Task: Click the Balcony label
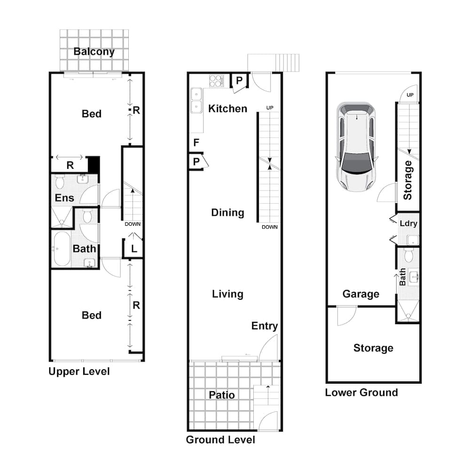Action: click(94, 52)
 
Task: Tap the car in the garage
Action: click(356, 146)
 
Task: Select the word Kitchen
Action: click(227, 109)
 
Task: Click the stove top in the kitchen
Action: click(216, 81)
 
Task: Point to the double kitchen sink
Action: click(196, 101)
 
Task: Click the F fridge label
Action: click(196, 143)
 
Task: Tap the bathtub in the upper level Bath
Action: click(61, 250)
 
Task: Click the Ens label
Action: click(64, 198)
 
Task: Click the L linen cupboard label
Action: click(134, 249)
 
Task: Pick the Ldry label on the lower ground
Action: click(408, 224)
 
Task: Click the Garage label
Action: click(360, 294)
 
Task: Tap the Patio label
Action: click(222, 395)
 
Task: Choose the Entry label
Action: click(264, 326)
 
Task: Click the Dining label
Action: click(227, 213)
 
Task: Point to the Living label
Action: click(227, 294)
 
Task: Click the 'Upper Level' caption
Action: click(79, 372)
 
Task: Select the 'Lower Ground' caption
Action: click(361, 393)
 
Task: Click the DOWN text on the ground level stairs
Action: click(269, 227)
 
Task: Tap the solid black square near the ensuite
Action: click(94, 165)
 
